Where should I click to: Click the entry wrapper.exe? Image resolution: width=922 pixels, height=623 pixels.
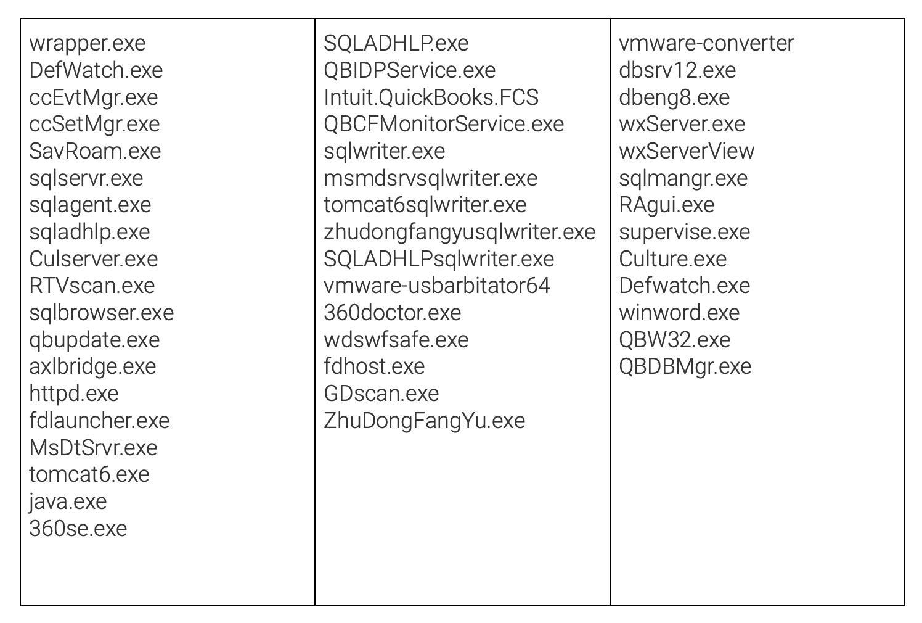[x=88, y=44]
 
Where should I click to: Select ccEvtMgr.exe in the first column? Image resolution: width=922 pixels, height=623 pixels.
[x=94, y=97]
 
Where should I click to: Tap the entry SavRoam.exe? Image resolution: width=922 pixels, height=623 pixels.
[x=95, y=151]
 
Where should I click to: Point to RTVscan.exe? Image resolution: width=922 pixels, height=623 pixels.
[x=92, y=286]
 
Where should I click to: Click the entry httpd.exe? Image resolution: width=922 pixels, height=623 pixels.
[x=74, y=394]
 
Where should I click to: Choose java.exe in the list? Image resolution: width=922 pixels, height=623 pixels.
[x=68, y=501]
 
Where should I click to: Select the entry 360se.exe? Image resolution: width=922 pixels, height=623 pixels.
[x=78, y=529]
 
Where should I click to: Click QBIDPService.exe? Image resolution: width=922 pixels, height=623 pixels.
[x=410, y=70]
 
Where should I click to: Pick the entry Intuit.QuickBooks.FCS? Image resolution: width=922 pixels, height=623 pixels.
[x=431, y=97]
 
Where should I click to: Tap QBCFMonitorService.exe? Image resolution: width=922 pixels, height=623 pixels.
[x=444, y=124]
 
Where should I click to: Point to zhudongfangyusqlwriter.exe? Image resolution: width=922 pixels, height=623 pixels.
[x=460, y=232]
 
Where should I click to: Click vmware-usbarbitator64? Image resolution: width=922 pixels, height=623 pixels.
[x=437, y=286]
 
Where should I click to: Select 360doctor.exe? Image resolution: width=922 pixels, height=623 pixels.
[x=393, y=313]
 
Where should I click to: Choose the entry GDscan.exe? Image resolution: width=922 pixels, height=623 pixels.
[x=381, y=394]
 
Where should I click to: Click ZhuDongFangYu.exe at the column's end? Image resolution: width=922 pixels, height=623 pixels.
[x=425, y=421]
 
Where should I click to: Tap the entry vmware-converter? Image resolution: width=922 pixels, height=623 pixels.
[x=706, y=44]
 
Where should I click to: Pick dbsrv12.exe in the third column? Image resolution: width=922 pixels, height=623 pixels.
[x=677, y=70]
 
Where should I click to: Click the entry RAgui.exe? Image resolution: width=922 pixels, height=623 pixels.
[x=667, y=205]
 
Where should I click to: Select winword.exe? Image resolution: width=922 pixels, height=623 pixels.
[x=679, y=313]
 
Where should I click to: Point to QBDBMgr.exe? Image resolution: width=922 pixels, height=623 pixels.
[x=685, y=366]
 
